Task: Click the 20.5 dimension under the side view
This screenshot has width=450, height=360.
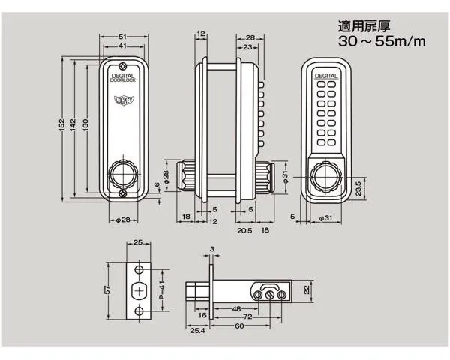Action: click(x=243, y=230)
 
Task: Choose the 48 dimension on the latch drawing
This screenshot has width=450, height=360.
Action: click(x=236, y=307)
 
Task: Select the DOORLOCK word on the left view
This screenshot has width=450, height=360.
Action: click(x=121, y=80)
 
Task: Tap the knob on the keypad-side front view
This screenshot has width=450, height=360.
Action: click(x=325, y=176)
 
